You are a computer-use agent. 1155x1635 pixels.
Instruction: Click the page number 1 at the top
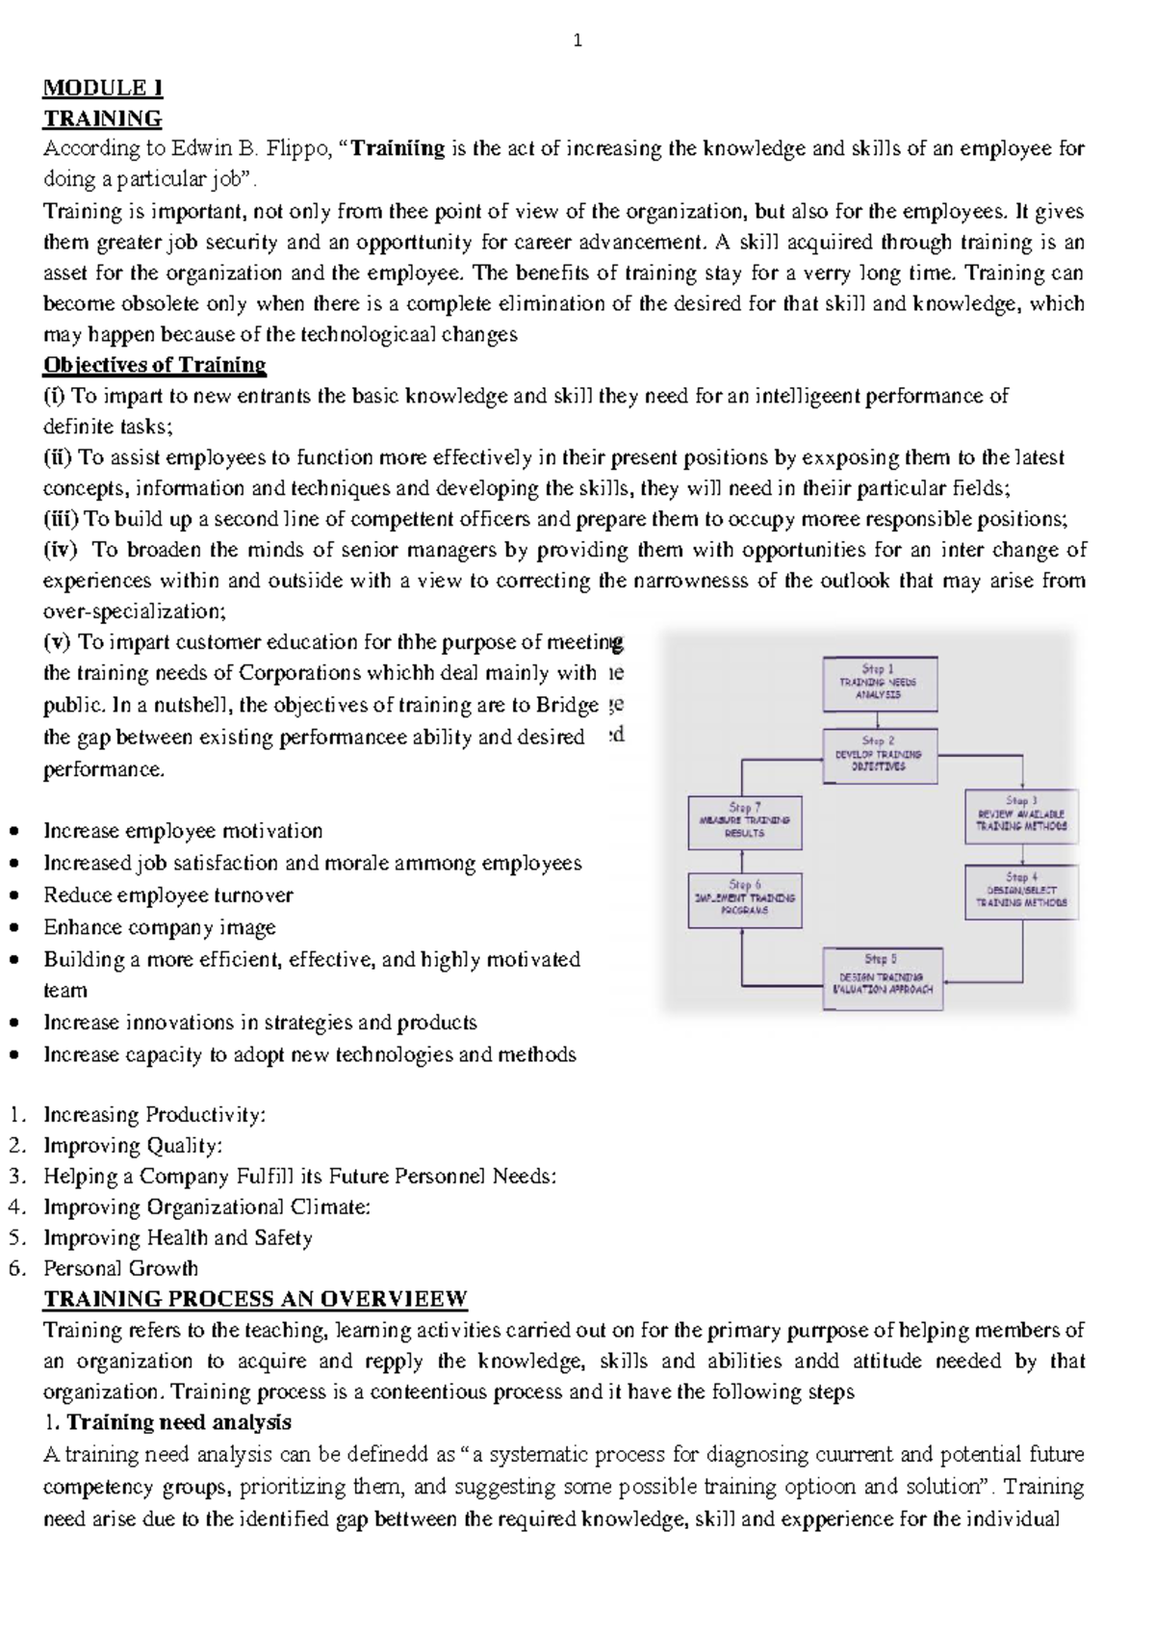[x=577, y=40]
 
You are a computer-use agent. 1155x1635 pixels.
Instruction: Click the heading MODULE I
[x=103, y=88]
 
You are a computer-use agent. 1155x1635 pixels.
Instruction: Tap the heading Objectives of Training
[x=154, y=365]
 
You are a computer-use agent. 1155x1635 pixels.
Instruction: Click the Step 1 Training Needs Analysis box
[x=880, y=683]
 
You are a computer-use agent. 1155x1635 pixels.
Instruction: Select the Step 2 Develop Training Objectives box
[x=880, y=755]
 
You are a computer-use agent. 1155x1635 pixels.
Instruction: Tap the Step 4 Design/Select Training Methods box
[x=1021, y=892]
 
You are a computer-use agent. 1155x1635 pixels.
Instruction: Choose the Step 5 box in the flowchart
[x=882, y=977]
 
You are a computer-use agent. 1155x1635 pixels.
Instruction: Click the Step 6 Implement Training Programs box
[x=745, y=899]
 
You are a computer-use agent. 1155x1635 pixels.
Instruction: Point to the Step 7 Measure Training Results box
[x=745, y=821]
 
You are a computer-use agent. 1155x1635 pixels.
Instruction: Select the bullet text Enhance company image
[x=160, y=927]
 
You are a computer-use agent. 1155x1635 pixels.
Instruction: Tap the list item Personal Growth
[x=121, y=1268]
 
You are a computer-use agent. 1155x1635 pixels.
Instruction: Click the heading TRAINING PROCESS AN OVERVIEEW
[x=255, y=1299]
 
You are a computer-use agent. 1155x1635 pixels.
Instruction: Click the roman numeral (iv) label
[x=63, y=550]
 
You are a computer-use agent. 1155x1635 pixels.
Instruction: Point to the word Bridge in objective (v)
[x=569, y=705]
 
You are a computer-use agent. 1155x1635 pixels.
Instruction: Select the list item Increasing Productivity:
[x=154, y=1115]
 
